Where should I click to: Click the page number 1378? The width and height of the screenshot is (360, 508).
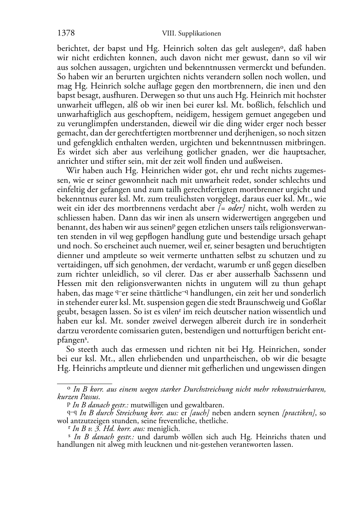tap(66, 33)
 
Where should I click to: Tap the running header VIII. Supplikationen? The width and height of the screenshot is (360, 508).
tap(191, 34)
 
